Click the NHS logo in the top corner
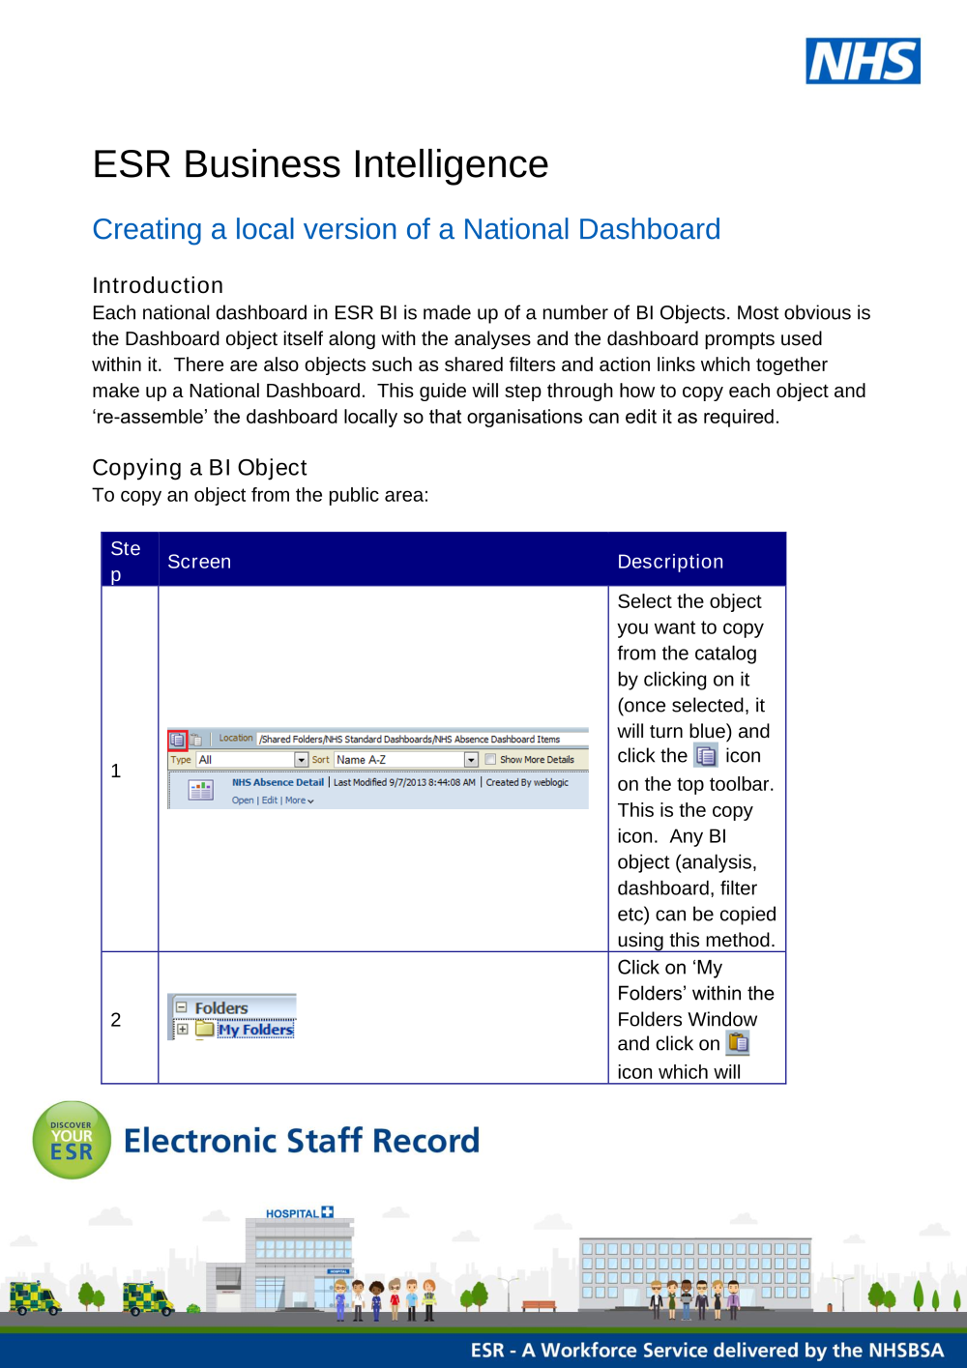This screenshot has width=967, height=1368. (863, 61)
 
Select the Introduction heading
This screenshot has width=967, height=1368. (158, 285)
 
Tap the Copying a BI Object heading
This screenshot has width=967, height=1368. (199, 468)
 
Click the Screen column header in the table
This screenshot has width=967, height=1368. (199, 562)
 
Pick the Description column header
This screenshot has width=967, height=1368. (670, 562)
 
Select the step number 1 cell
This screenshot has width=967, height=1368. (116, 771)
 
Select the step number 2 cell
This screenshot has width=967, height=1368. (116, 1020)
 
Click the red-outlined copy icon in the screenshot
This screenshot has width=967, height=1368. (178, 740)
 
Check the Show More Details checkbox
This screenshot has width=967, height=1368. (490, 760)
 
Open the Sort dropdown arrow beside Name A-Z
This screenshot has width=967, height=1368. (471, 760)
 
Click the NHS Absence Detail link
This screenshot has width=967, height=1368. (278, 782)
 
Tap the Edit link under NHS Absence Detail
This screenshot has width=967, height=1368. (269, 800)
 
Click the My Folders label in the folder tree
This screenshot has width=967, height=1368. (255, 1030)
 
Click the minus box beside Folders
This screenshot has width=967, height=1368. (181, 1007)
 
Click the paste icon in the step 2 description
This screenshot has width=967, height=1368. (738, 1043)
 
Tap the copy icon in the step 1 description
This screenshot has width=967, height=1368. (707, 756)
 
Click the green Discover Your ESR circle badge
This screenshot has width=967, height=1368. (72, 1140)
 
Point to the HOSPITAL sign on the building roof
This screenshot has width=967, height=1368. (299, 1212)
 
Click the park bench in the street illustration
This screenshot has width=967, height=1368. (540, 1305)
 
